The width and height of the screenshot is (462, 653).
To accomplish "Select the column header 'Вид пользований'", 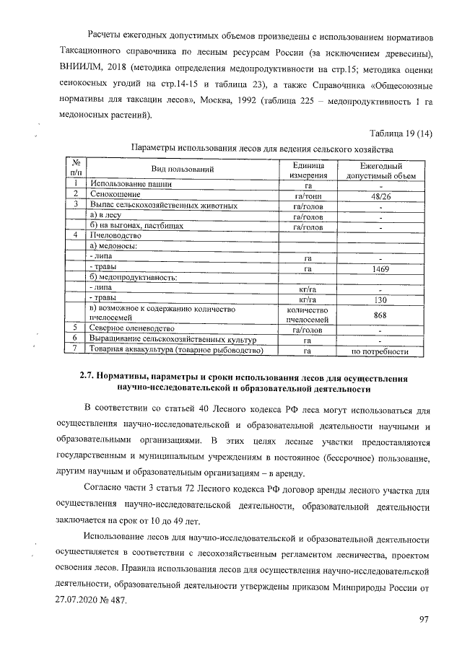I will click(x=182, y=169).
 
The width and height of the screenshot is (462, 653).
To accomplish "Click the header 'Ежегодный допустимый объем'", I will click(x=380, y=169).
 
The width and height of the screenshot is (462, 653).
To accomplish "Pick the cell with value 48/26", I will click(x=380, y=195).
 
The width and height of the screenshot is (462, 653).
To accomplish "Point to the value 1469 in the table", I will click(x=380, y=268).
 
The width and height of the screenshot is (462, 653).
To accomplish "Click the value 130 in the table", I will click(x=380, y=299).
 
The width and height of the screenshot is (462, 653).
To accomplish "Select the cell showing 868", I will click(x=380, y=315).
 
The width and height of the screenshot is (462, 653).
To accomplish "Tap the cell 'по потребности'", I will click(x=380, y=351).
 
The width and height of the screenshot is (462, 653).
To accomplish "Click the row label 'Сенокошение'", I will click(x=115, y=195).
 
